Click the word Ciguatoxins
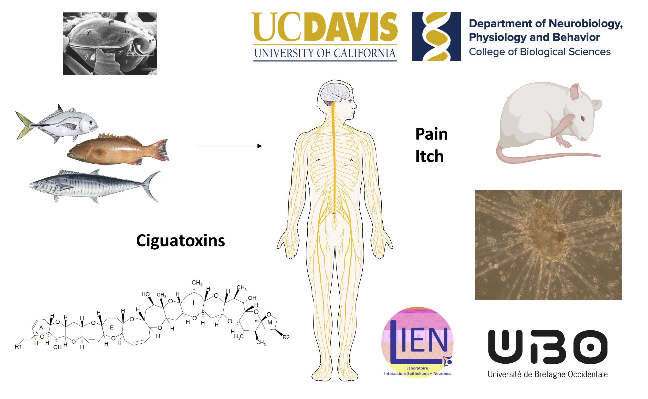[x=180, y=241]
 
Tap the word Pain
[x=431, y=134]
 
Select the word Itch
[x=429, y=156]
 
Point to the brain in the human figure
[x=335, y=92]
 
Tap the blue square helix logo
[x=436, y=36]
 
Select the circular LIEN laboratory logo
[x=417, y=342]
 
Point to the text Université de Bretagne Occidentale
[x=548, y=374]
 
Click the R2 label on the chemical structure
[x=286, y=337]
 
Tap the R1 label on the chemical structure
[x=18, y=347]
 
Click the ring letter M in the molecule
[x=270, y=322]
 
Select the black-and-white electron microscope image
[x=110, y=43]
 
